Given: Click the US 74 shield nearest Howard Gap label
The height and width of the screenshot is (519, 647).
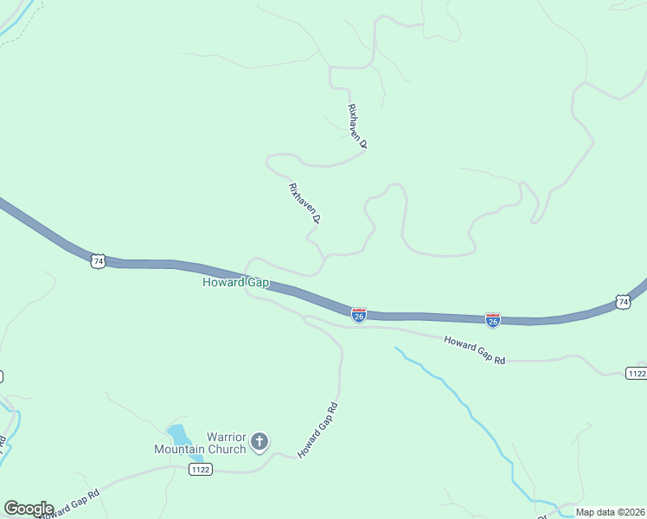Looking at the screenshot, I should pyautogui.click(x=98, y=260).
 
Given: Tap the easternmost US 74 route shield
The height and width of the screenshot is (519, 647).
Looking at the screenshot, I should pyautogui.click(x=623, y=301).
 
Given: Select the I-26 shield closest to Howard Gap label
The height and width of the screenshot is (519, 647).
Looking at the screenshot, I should pyautogui.click(x=359, y=315).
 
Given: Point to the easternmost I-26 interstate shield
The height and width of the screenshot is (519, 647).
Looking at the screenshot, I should pyautogui.click(x=492, y=320).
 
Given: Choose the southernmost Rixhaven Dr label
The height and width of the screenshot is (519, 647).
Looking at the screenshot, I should pyautogui.click(x=304, y=204).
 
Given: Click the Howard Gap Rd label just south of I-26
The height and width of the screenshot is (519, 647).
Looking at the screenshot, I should pyautogui.click(x=474, y=349).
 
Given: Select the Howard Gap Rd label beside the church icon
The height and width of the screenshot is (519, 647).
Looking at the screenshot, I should pyautogui.click(x=317, y=430).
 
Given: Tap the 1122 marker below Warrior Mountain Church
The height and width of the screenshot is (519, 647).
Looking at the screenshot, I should pyautogui.click(x=200, y=469).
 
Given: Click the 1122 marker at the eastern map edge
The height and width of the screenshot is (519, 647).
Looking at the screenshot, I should pyautogui.click(x=636, y=373).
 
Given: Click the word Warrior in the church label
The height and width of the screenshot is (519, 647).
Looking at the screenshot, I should pyautogui.click(x=227, y=437).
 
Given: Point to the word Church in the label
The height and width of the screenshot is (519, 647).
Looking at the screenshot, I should pyautogui.click(x=223, y=449).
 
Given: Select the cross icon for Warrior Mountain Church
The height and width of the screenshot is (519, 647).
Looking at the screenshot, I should pyautogui.click(x=259, y=443).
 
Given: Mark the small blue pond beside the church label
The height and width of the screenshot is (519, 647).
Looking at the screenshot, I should pyautogui.click(x=178, y=433).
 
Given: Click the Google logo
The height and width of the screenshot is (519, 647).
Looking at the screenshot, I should pyautogui.click(x=29, y=509).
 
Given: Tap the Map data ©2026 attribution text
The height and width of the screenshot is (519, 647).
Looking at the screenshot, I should pyautogui.click(x=610, y=512).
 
